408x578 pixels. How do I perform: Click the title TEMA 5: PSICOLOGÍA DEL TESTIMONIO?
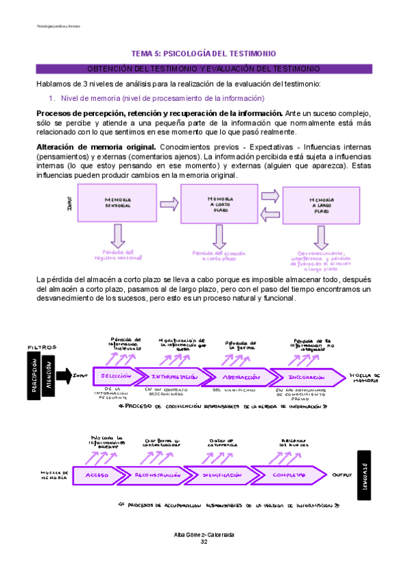pyautogui.click(x=204, y=53)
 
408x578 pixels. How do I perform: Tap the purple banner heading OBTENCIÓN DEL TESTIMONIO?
pyautogui.click(x=204, y=69)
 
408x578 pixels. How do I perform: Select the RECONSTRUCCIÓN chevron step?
pyautogui.click(x=157, y=474)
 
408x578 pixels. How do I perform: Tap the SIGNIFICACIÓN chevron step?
pyautogui.click(x=221, y=474)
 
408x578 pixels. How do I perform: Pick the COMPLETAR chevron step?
pyautogui.click(x=290, y=474)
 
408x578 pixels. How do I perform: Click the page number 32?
pyautogui.click(x=204, y=542)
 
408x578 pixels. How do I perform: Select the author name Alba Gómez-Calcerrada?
pyautogui.click(x=204, y=535)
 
